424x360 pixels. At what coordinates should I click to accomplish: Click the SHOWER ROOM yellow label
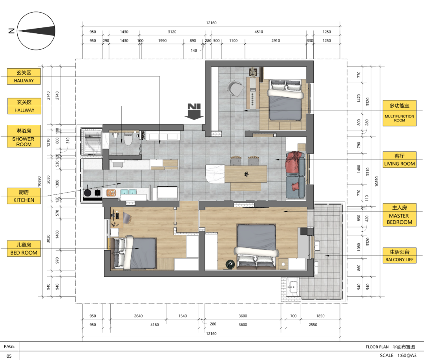click(24, 136)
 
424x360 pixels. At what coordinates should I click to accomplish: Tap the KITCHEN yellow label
click(24, 196)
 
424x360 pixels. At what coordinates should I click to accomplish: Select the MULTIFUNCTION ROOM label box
click(399, 113)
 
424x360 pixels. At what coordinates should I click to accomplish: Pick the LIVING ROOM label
click(399, 160)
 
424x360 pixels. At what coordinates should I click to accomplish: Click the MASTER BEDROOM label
click(399, 215)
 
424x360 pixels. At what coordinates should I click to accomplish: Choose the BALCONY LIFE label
click(399, 255)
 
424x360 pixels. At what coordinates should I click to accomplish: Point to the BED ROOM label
click(24, 249)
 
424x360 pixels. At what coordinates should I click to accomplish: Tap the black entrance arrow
click(194, 111)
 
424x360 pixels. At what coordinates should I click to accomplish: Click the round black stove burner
click(88, 193)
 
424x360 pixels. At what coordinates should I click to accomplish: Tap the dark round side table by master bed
click(230, 264)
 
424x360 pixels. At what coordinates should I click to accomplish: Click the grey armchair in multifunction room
click(235, 88)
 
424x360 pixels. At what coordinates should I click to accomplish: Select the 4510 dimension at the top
click(259, 32)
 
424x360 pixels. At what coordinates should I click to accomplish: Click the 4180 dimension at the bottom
click(155, 325)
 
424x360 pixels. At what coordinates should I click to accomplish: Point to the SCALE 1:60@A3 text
click(398, 355)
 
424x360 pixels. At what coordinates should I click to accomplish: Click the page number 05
click(9, 356)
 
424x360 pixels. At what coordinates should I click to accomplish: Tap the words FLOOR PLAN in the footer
click(377, 347)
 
